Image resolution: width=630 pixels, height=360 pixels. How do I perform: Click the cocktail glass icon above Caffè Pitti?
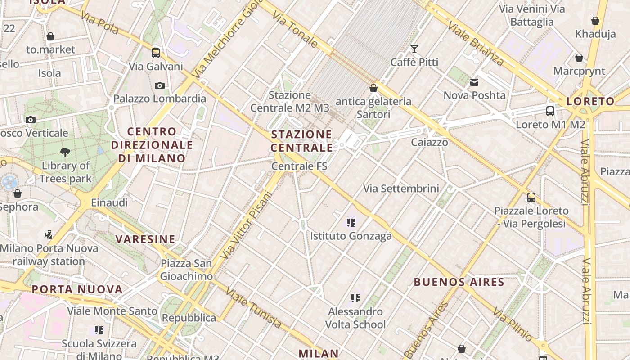414,49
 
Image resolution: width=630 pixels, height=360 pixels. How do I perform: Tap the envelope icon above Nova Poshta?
474,82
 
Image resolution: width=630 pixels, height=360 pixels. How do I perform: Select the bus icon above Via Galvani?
156,53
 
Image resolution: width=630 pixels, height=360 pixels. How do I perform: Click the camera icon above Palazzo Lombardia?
159,85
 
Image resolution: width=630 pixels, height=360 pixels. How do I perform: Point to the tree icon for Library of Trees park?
65,152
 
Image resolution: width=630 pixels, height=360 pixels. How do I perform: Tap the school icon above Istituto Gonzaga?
351,222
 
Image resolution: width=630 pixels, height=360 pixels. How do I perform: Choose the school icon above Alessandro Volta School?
355,298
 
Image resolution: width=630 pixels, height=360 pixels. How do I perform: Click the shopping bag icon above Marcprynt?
579,58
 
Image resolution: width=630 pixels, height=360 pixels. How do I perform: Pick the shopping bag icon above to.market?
50,36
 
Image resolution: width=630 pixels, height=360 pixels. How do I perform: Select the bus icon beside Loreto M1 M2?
550,111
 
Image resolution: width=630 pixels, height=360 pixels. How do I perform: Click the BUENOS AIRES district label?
459,282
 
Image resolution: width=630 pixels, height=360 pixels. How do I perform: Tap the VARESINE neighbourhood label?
145,239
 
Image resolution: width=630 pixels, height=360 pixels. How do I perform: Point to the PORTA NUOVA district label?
77,289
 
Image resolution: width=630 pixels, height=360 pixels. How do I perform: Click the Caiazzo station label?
429,142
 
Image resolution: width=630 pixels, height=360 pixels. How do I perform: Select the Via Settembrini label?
401,188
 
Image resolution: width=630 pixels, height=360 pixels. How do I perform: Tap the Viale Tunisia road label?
254,308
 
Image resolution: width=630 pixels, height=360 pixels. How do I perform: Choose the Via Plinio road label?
512,324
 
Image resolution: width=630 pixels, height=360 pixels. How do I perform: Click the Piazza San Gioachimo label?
186,270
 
